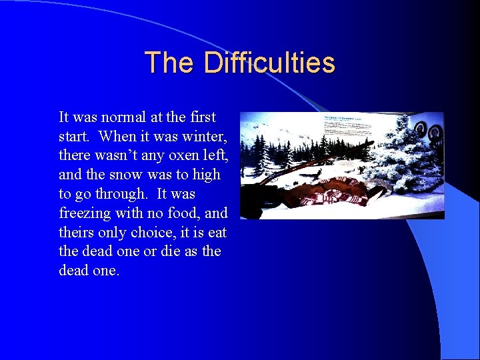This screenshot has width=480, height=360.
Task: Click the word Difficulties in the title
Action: (x=269, y=63)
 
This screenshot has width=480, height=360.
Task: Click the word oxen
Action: (x=174, y=156)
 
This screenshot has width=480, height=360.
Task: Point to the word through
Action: (x=119, y=195)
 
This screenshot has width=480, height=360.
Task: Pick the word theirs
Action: (x=77, y=233)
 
